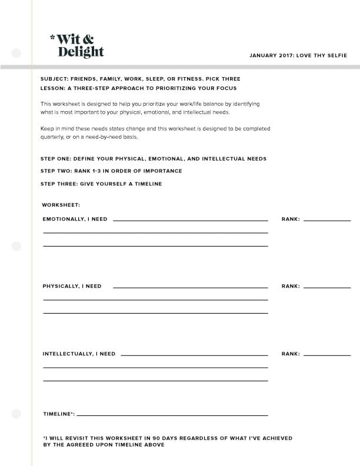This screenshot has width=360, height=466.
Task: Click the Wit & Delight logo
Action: coord(80,45)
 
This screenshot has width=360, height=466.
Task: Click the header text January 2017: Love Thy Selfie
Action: coord(298,56)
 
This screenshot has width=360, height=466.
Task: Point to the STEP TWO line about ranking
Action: coord(111,171)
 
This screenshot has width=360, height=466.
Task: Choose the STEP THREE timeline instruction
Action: coord(101,184)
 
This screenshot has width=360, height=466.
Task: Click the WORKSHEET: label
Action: coord(61,205)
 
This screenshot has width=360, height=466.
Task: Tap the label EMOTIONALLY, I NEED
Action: coord(75,219)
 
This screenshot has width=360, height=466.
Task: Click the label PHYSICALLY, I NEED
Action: coord(72,286)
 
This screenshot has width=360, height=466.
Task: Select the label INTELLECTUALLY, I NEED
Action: coord(79,354)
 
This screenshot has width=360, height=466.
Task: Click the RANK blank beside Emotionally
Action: coord(326,220)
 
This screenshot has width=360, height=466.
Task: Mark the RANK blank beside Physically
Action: coord(326,287)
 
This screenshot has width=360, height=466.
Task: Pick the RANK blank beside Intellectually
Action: coord(326,355)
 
